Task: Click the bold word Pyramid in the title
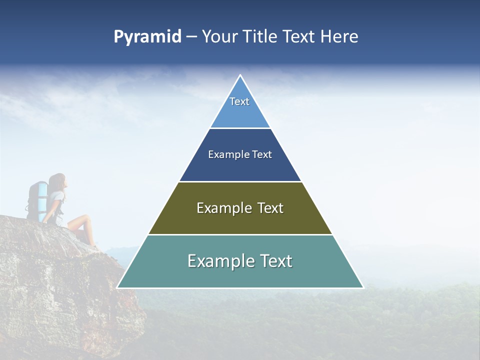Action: (x=147, y=36)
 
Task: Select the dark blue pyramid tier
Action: (x=240, y=167)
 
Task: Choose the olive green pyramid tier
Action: (x=240, y=221)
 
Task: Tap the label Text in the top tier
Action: (x=239, y=101)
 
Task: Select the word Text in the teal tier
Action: (x=274, y=261)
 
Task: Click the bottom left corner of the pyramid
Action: (x=118, y=287)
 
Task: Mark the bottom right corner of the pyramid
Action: (x=362, y=287)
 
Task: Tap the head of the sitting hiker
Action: (x=58, y=181)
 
